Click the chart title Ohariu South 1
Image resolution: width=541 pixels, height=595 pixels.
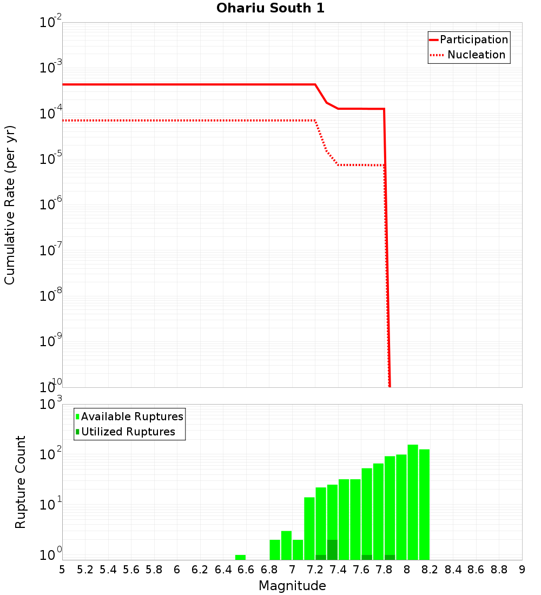[270, 8]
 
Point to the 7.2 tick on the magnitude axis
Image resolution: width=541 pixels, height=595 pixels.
[315, 570]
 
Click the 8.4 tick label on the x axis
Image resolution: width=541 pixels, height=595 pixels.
[453, 570]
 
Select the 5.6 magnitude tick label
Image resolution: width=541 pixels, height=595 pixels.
[131, 570]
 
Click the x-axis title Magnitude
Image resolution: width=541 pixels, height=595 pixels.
[292, 586]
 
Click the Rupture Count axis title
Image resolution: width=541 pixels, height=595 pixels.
[21, 481]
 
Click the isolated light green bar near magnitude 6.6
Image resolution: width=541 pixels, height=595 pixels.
[240, 557]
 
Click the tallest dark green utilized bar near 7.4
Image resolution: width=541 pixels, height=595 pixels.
[332, 550]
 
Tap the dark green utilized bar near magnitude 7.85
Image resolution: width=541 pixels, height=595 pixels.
[390, 557]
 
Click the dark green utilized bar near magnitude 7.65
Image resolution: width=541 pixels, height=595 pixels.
[367, 557]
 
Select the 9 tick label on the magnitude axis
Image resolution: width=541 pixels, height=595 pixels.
[522, 570]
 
